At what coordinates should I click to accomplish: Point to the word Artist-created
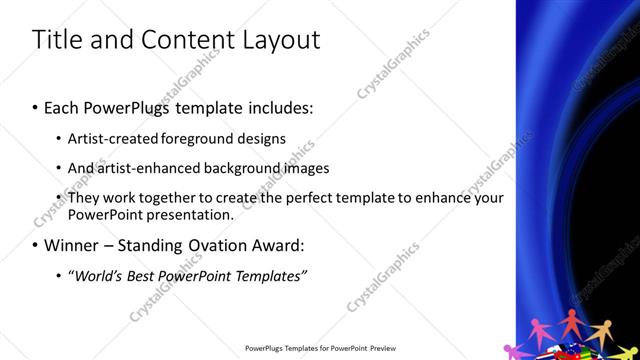(x=110, y=137)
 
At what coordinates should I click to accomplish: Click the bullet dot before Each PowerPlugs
(x=36, y=105)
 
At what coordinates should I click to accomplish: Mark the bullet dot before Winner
(x=36, y=245)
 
